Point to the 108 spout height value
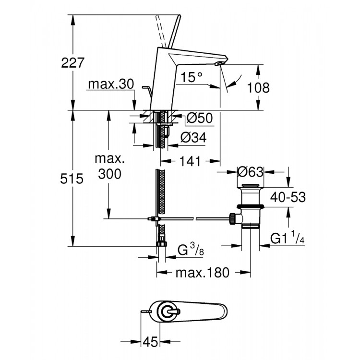coord(259,88)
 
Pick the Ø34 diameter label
coord(193,138)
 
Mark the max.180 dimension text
coord(202,273)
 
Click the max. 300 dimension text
coord(109,166)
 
